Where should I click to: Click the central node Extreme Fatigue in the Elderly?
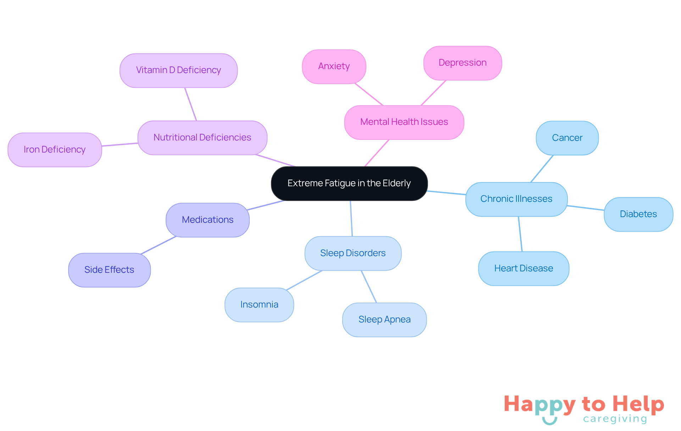pyautogui.click(x=349, y=183)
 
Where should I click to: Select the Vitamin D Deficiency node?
pyautogui.click(x=179, y=70)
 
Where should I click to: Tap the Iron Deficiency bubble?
pyautogui.click(x=55, y=150)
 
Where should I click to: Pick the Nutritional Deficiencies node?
pyautogui.click(x=202, y=138)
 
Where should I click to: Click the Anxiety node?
pyautogui.click(x=334, y=67)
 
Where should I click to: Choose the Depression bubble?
pyautogui.click(x=463, y=63)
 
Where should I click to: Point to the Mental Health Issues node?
pyautogui.click(x=404, y=122)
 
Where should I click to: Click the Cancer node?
pyautogui.click(x=567, y=138)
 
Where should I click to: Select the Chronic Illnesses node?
pyautogui.click(x=516, y=199)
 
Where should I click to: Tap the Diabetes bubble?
pyautogui.click(x=638, y=214)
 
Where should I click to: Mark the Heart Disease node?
pyautogui.click(x=524, y=269)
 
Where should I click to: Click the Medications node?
pyautogui.click(x=207, y=220)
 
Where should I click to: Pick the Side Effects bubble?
pyautogui.click(x=109, y=270)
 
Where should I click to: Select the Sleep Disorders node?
pyautogui.click(x=353, y=253)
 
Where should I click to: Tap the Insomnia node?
pyautogui.click(x=259, y=305)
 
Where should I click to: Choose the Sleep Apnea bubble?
pyautogui.click(x=384, y=320)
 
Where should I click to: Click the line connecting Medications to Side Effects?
pyautogui.click(x=159, y=245)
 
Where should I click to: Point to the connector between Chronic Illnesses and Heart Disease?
pyautogui.click(x=520, y=234)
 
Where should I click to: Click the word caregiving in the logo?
pyautogui.click(x=615, y=419)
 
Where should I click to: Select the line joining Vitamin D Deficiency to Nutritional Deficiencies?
pyautogui.click(x=190, y=104)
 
